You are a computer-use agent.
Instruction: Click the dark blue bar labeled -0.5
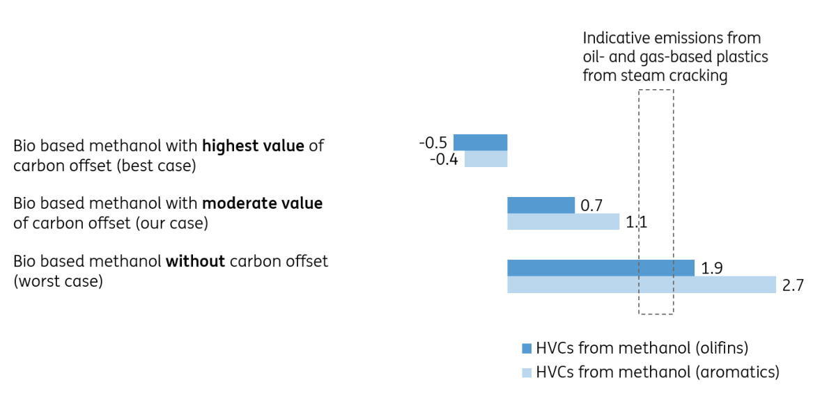pos(480,142)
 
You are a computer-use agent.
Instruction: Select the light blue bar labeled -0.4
pos(486,159)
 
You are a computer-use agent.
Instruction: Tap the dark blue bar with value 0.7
pos(541,205)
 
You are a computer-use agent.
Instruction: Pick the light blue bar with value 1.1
pos(563,221)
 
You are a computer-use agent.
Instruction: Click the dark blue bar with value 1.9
pos(601,268)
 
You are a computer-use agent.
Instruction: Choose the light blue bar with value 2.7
pos(641,285)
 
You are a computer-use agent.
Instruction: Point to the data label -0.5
pos(433,143)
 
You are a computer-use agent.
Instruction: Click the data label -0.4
pos(444,159)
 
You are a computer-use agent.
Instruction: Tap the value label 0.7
pos(591,205)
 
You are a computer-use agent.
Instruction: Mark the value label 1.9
pos(711,268)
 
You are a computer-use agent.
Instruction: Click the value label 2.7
pos(793,285)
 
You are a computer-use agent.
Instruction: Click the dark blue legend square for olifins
pos(527,348)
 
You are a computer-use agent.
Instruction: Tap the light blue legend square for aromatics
pos(527,372)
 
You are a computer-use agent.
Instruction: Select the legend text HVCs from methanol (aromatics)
pos(657,372)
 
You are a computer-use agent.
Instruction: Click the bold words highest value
pos(253,146)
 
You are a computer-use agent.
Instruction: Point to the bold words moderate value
pos(262,203)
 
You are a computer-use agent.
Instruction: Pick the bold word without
pos(195,262)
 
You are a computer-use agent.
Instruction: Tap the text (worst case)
pos(58,282)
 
